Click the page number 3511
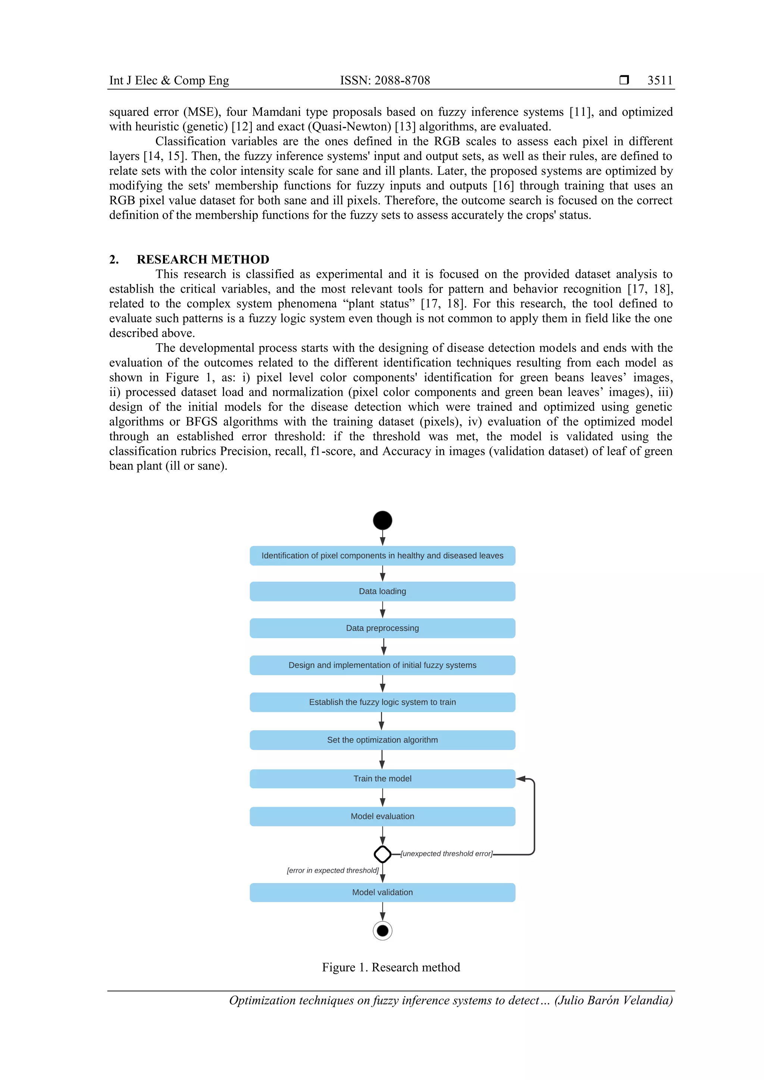pos(660,81)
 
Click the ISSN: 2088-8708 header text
pos(385,81)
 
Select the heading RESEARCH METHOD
pos(203,259)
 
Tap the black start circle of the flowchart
pos(382,520)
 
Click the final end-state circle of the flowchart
pos(382,931)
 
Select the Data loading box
pos(382,591)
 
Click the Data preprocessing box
pos(382,628)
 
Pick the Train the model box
pos(382,778)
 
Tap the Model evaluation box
pos(382,816)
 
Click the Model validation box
pos(382,892)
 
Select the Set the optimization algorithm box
pos(382,740)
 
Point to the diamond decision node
pos(382,854)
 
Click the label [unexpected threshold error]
pos(446,854)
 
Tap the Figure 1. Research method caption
pos(391,967)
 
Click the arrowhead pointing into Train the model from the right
pos(521,778)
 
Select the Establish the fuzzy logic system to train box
pos(382,702)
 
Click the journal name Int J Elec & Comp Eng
pos(169,81)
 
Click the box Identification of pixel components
pos(382,555)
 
